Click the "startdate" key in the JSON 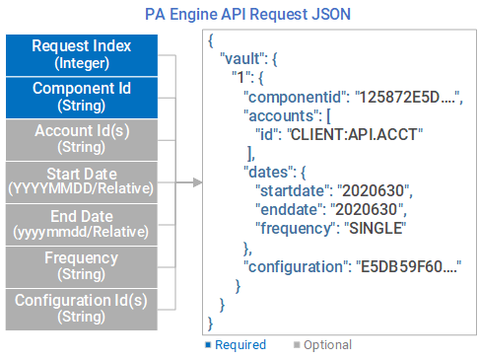coord(291,189)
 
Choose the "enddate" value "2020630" coord(364,208)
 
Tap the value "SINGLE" coord(376,228)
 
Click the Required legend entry coord(238,345)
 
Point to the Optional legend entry coord(322,345)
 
